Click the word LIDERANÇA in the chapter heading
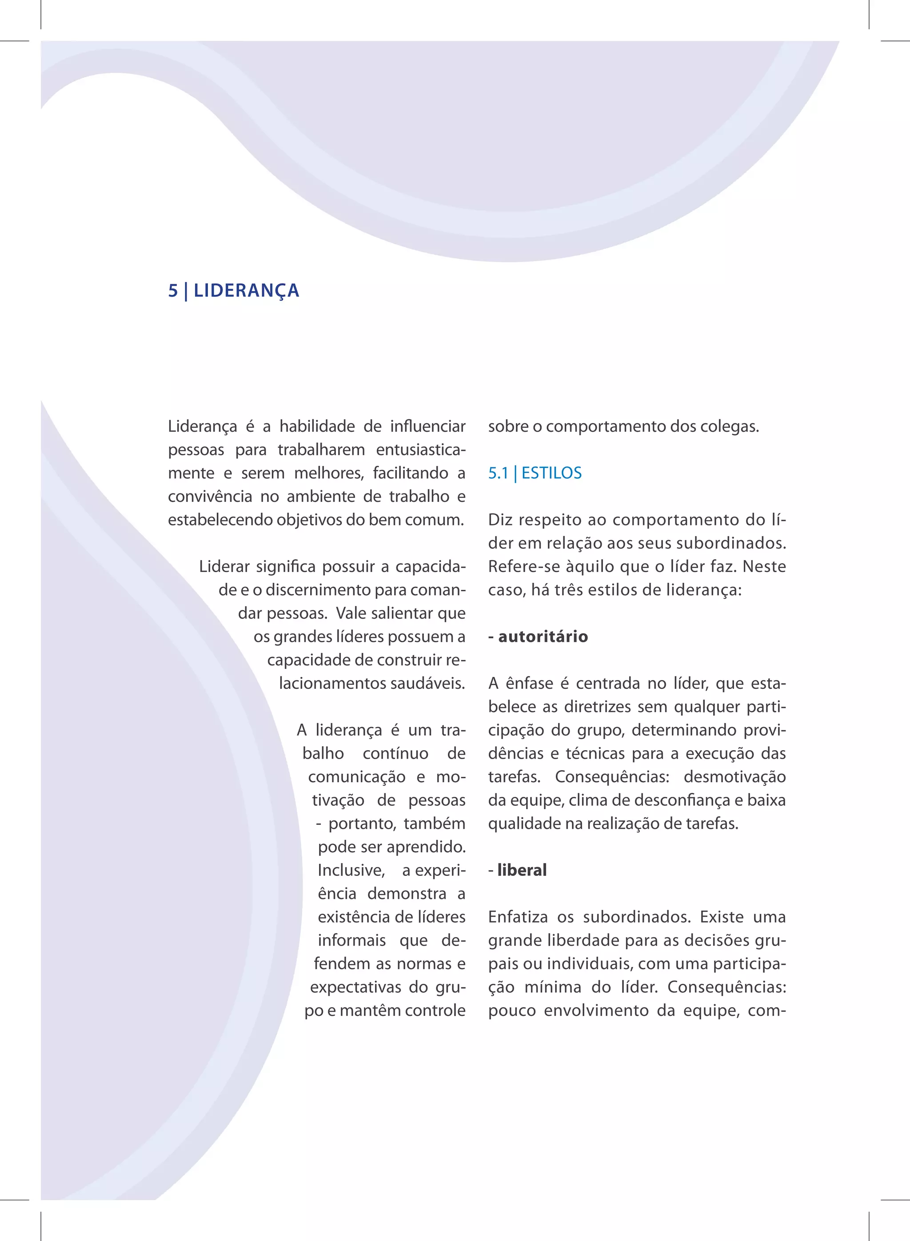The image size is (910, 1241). click(x=246, y=290)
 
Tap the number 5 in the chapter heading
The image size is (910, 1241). click(x=173, y=290)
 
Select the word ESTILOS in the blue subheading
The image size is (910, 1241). click(x=551, y=473)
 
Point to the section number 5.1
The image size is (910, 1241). click(x=498, y=473)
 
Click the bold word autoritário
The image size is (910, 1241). click(x=543, y=636)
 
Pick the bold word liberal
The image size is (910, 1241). click(x=522, y=870)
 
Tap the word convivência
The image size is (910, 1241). click(x=210, y=496)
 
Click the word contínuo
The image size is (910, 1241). click(x=395, y=753)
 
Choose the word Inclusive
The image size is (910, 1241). click(x=351, y=870)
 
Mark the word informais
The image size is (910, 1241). click(x=351, y=940)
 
